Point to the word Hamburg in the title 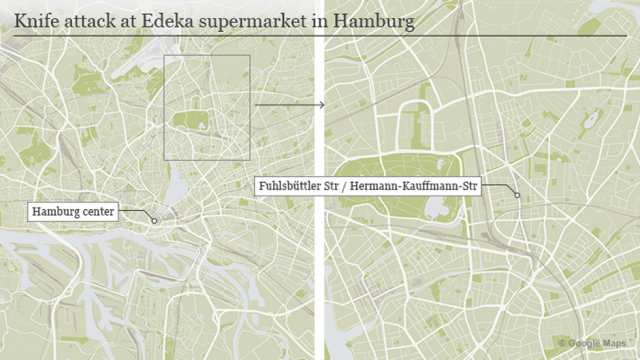[372, 19]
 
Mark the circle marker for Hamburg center [154, 219]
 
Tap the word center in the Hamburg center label [99, 211]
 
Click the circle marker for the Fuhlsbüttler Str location [517, 194]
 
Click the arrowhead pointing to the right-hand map [322, 104]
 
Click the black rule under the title [320, 36]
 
